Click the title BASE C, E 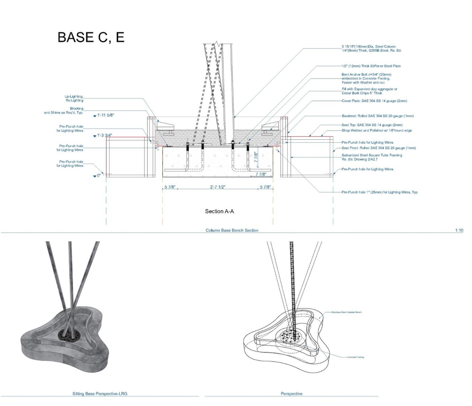(x=91, y=37)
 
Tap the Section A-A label (x=219, y=211)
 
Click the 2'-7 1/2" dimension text (x=218, y=187)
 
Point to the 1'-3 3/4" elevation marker (x=104, y=136)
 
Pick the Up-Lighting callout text (x=74, y=98)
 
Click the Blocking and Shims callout (x=64, y=111)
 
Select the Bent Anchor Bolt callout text (x=366, y=79)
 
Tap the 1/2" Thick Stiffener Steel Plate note (x=371, y=66)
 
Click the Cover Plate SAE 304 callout (x=374, y=101)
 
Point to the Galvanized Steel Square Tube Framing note (x=372, y=157)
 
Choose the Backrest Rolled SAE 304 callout (x=378, y=116)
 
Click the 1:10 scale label (x=459, y=230)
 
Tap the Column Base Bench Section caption (x=232, y=230)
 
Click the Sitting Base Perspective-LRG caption (x=100, y=393)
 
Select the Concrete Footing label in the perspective (x=355, y=357)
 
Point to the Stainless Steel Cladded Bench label (x=347, y=312)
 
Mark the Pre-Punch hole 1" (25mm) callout (x=379, y=192)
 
